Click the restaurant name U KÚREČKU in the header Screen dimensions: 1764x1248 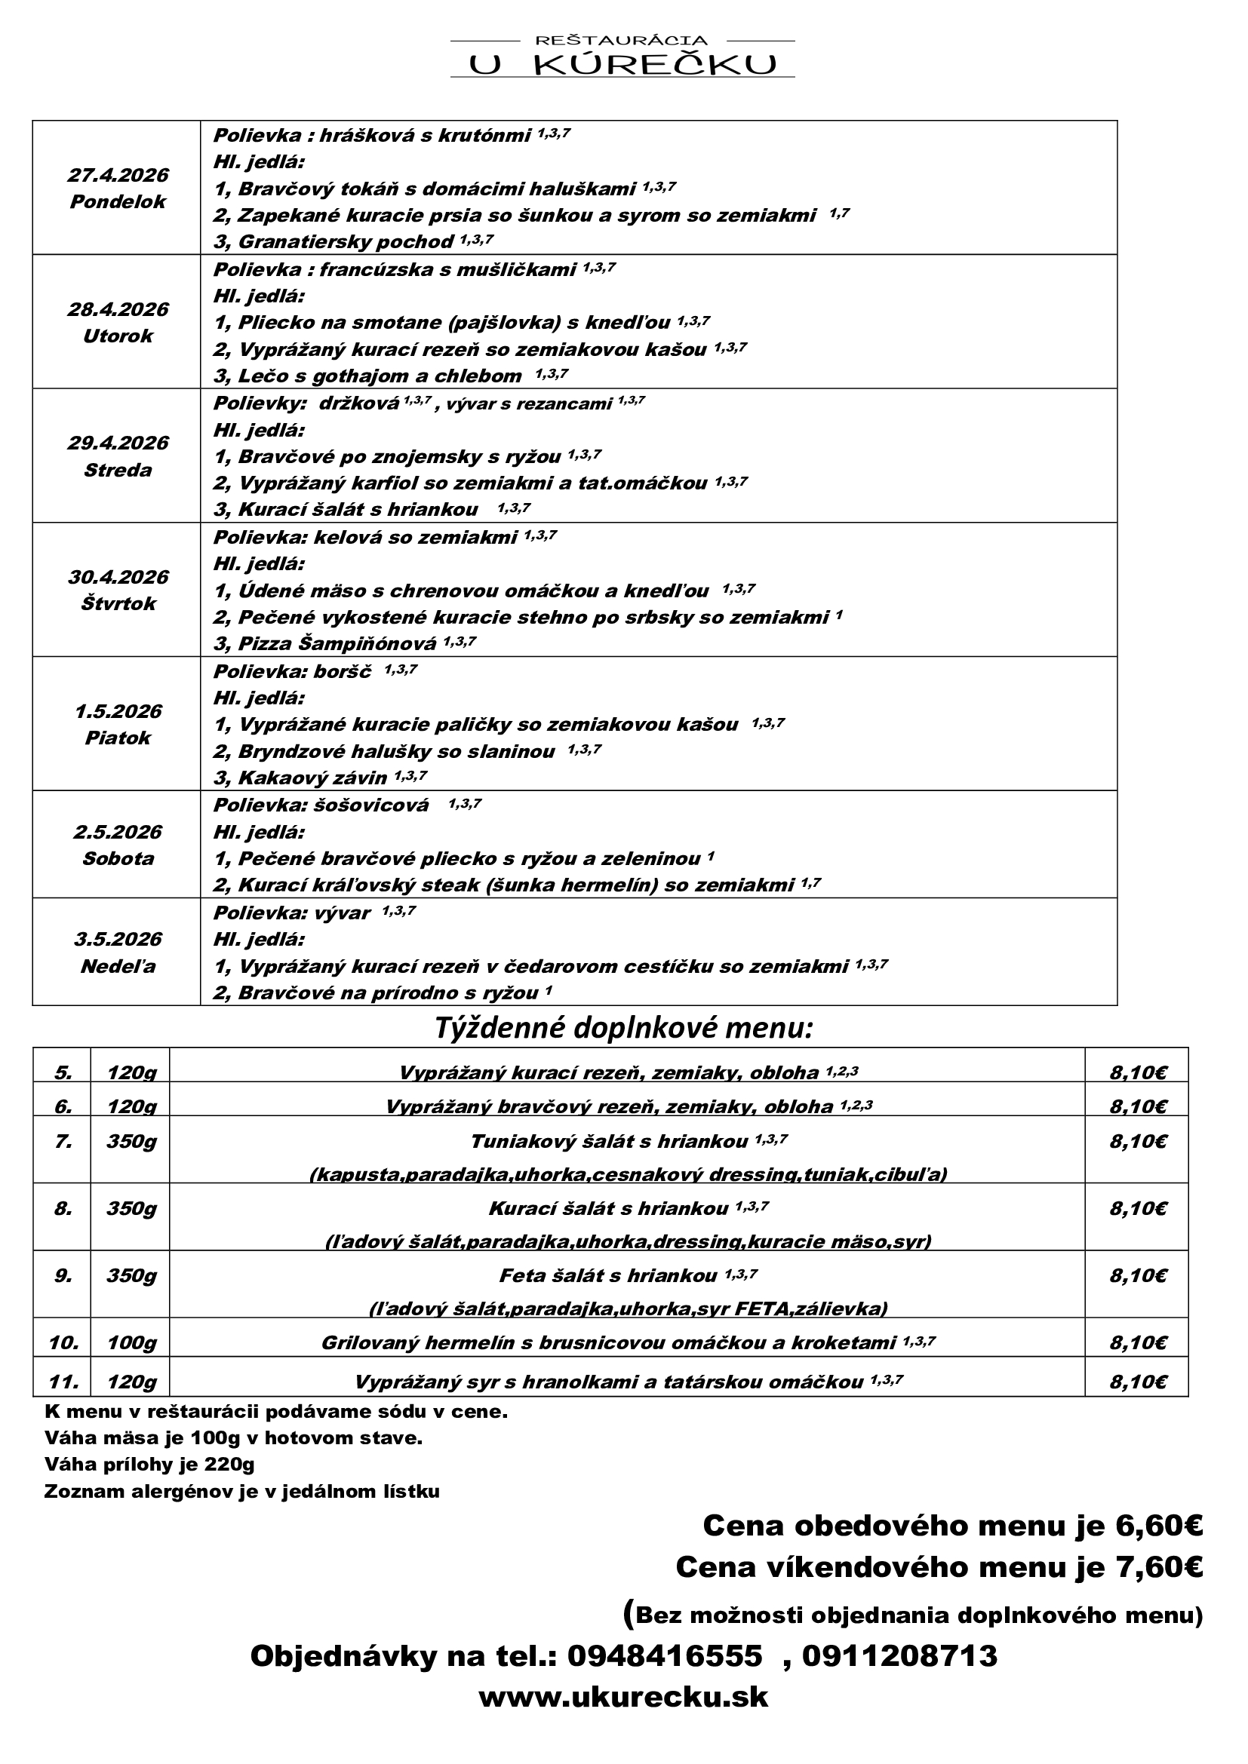click(622, 65)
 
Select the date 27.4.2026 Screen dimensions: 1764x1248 click(118, 175)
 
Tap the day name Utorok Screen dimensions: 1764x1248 click(118, 336)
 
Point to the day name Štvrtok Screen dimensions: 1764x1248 click(118, 603)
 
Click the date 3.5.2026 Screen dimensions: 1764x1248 click(118, 939)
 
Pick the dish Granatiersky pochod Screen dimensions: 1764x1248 click(346, 242)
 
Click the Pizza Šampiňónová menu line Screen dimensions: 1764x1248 click(337, 643)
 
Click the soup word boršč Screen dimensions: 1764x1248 click(343, 670)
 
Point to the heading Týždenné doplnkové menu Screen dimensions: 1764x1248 click(623, 1027)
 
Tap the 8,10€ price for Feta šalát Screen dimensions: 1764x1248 click(1137, 1276)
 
